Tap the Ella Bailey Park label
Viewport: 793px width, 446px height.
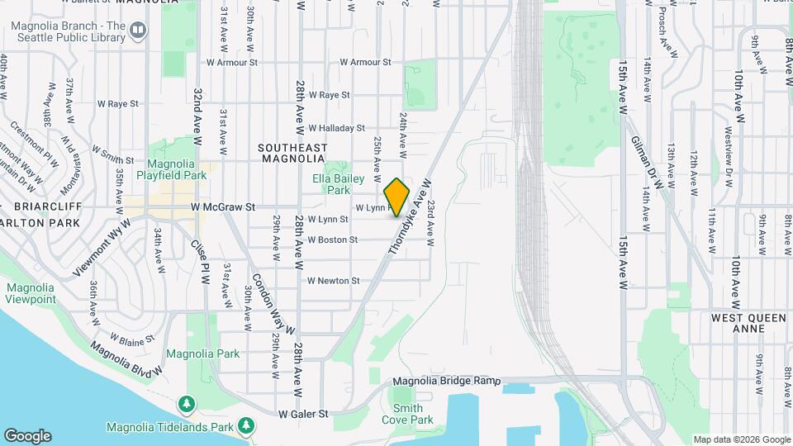coord(333,183)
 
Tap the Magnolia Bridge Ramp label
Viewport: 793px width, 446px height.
coord(447,381)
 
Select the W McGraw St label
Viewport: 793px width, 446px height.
coord(220,206)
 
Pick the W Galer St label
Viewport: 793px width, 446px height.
coord(303,413)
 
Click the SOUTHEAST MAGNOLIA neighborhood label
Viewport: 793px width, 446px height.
coord(292,153)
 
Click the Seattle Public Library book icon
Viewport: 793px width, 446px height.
coord(138,31)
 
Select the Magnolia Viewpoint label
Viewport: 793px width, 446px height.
coord(31,293)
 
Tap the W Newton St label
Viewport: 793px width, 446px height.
coord(333,281)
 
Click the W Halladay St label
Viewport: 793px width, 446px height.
coord(336,128)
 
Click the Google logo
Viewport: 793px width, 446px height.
coord(27,435)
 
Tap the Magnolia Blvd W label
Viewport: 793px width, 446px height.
coord(124,358)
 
